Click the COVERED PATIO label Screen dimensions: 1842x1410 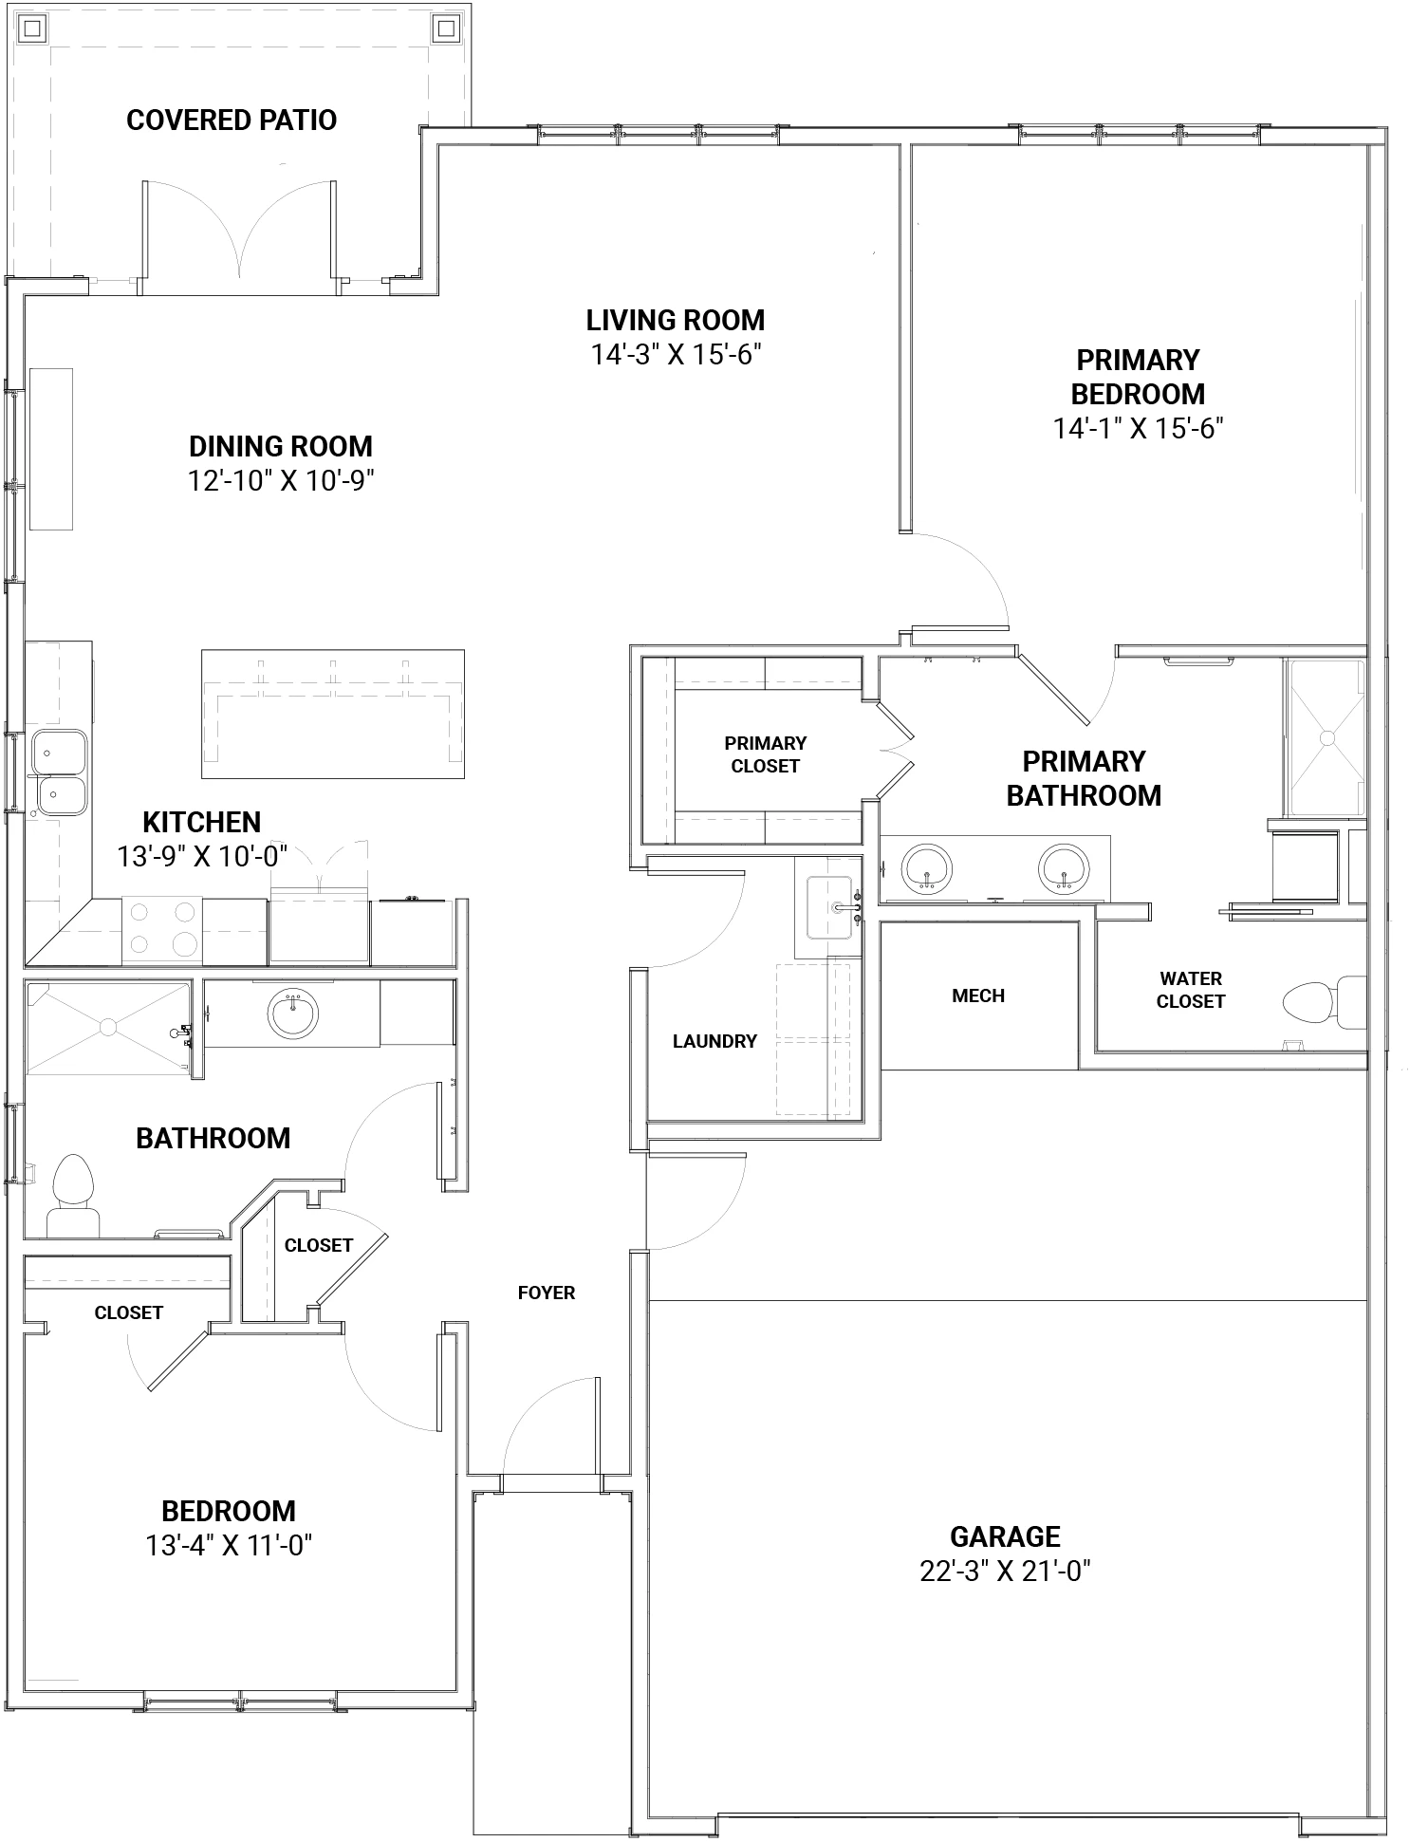tap(232, 121)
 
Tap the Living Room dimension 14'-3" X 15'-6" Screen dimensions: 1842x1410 tap(677, 355)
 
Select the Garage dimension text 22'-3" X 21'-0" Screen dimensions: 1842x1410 tap(1005, 1572)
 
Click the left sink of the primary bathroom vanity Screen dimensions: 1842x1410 tap(926, 867)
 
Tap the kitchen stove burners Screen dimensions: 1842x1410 tap(161, 928)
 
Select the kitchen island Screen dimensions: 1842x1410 tap(332, 714)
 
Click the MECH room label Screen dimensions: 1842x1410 tap(978, 995)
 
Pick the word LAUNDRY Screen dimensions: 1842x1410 tap(714, 1041)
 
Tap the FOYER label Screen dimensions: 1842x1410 tap(547, 1293)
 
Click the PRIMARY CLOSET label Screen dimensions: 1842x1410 tap(766, 754)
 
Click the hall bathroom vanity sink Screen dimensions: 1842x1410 tap(293, 1014)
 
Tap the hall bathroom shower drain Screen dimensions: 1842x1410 tap(108, 1026)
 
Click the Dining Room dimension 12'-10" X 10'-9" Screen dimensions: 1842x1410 tap(281, 481)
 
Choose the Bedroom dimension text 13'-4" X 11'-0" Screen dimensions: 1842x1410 tap(229, 1546)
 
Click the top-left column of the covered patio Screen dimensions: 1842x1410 tap(33, 29)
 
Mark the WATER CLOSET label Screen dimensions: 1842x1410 tap(1190, 990)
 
